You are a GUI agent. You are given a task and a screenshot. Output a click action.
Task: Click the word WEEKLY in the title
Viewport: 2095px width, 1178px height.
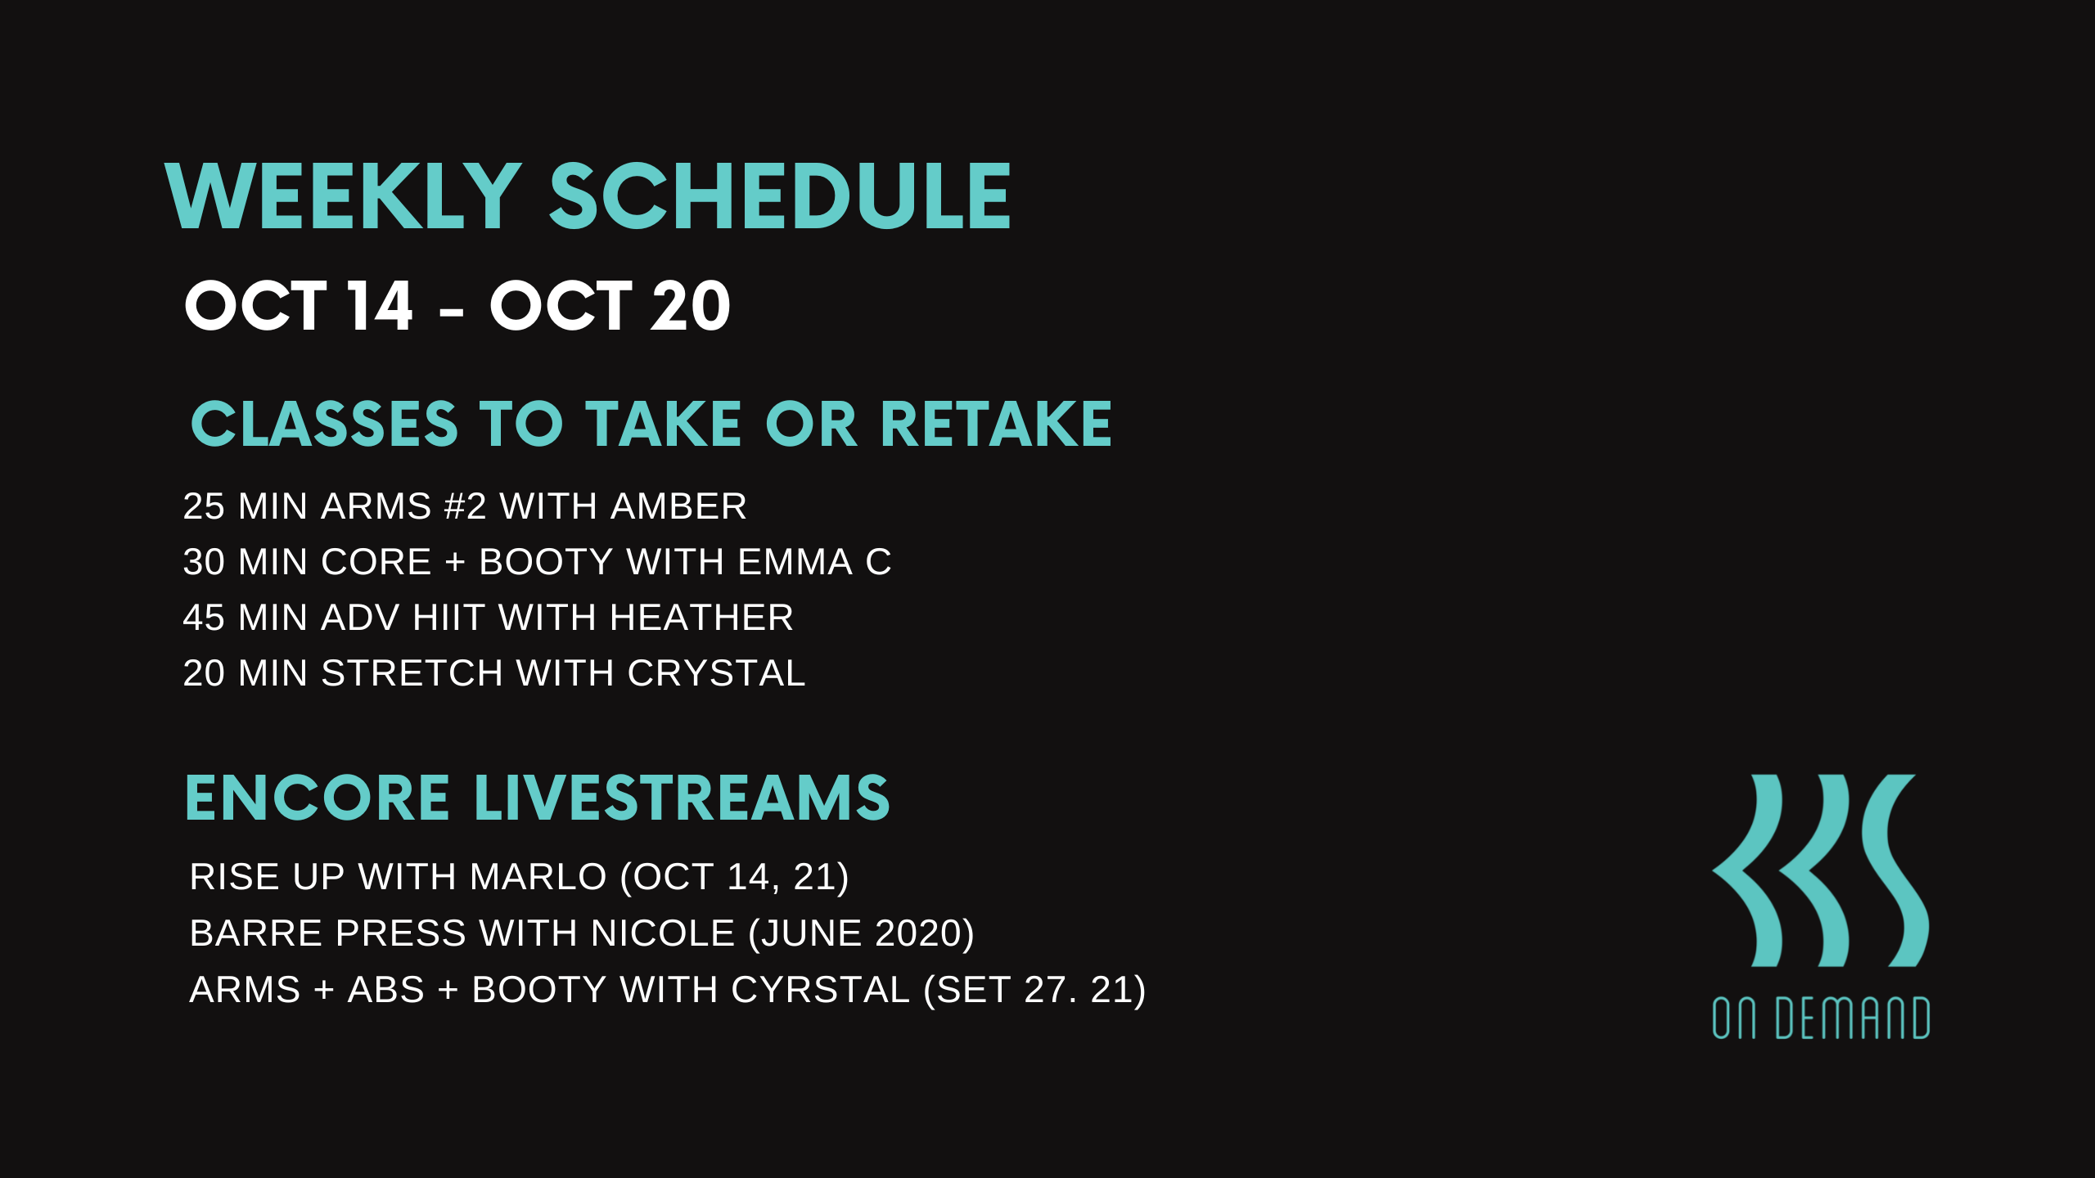[x=343, y=196]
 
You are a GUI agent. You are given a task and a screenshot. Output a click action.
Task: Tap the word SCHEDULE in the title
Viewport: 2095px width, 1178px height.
[x=780, y=196]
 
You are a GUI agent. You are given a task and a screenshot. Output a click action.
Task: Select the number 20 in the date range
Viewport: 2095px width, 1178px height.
[x=690, y=306]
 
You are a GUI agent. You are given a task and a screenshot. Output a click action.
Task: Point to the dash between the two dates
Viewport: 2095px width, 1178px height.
[x=451, y=312]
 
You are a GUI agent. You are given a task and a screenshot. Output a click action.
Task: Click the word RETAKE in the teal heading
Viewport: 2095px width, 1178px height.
[x=996, y=425]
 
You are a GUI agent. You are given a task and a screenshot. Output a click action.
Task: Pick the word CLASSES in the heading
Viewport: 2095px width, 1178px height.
[x=324, y=425]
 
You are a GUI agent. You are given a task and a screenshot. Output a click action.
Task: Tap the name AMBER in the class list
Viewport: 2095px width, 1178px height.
[x=678, y=506]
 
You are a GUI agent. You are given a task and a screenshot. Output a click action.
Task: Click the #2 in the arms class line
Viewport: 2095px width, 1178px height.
[x=465, y=506]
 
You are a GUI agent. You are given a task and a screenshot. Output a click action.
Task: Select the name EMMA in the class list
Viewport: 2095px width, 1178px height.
[x=795, y=562]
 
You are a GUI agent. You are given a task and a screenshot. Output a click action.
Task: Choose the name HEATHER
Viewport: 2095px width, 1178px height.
[x=701, y=618]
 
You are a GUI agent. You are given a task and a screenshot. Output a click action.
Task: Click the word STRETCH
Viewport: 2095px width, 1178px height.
[x=412, y=673]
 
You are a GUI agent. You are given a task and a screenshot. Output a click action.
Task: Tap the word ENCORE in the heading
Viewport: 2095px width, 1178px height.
[x=318, y=798]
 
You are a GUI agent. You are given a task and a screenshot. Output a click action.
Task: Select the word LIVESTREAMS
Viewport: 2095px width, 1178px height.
[x=682, y=798]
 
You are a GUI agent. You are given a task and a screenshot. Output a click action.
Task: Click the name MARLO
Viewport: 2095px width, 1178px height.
[x=538, y=877]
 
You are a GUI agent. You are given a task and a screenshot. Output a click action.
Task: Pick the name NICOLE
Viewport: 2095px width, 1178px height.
[x=663, y=933]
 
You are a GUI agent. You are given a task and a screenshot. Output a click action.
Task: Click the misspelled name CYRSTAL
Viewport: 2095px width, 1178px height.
[x=820, y=990]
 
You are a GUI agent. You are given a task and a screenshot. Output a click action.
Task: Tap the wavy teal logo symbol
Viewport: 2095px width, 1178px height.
[x=1821, y=870]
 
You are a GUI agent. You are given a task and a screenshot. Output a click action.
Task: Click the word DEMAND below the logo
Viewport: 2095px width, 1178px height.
[x=1853, y=1018]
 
